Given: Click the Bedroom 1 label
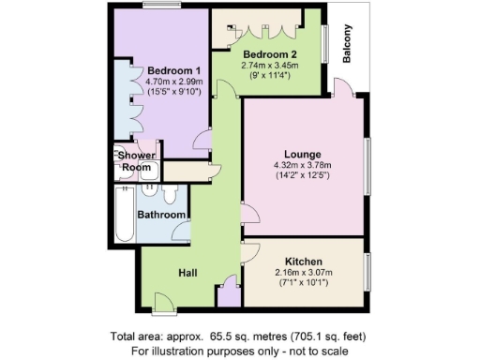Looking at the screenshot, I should tap(173, 71).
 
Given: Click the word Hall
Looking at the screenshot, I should tap(188, 272).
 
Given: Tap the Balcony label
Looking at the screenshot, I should tap(348, 46).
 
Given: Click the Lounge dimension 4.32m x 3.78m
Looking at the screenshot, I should tap(303, 166).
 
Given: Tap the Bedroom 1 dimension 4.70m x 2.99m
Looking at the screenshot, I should tap(173, 82).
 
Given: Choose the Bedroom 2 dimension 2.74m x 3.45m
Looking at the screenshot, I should tap(270, 67).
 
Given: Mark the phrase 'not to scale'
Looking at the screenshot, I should tap(318, 350).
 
